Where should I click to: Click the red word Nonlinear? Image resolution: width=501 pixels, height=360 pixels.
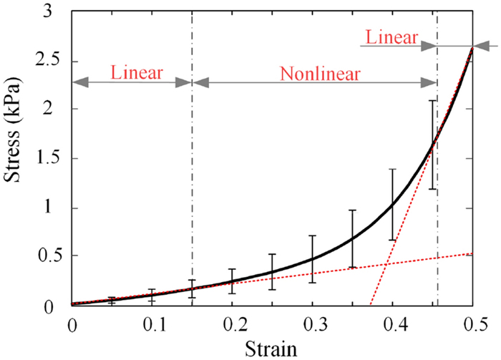click(x=320, y=74)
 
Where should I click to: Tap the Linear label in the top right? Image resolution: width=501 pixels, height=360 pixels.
click(x=391, y=38)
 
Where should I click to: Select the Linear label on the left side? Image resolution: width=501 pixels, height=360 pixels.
click(x=137, y=73)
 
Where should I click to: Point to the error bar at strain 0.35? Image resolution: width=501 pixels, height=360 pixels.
click(x=352, y=239)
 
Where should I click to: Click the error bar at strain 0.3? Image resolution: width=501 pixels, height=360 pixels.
click(x=312, y=259)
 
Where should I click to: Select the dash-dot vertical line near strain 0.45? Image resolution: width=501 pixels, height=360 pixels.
click(x=437, y=215)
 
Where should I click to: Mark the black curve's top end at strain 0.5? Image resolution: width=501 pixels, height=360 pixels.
click(x=472, y=47)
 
